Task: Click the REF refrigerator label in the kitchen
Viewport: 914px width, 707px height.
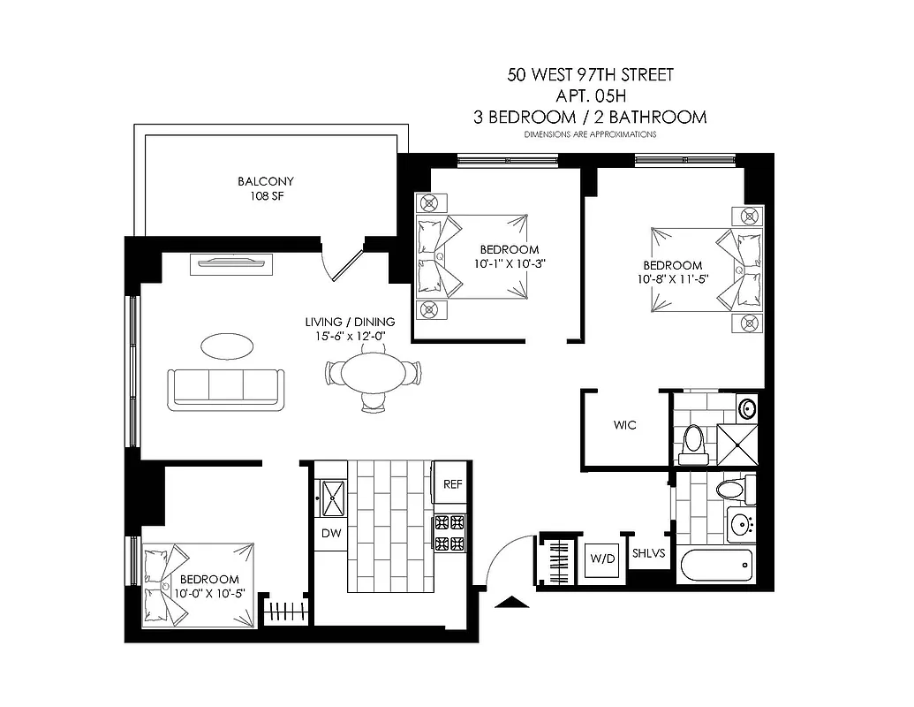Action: pyautogui.click(x=452, y=484)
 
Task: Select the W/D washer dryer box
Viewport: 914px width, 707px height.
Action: pyautogui.click(x=602, y=559)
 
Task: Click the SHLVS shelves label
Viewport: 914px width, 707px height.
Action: pyautogui.click(x=647, y=554)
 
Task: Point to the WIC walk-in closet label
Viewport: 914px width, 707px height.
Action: pyautogui.click(x=625, y=425)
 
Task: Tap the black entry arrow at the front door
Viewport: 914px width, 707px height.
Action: pyautogui.click(x=513, y=603)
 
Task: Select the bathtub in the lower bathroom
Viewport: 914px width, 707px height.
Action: pyautogui.click(x=714, y=565)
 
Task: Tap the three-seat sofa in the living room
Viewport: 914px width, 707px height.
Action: pyautogui.click(x=227, y=388)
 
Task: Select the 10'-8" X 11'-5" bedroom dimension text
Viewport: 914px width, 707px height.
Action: pyautogui.click(x=673, y=280)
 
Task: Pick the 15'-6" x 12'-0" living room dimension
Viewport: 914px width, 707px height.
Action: pyautogui.click(x=350, y=335)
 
